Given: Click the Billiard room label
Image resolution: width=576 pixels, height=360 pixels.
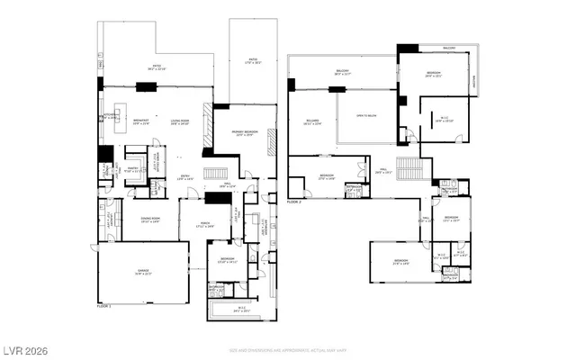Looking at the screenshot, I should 313,123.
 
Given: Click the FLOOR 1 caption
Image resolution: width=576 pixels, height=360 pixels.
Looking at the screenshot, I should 105,307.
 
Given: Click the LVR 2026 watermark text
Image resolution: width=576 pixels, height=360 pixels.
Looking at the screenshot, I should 24,348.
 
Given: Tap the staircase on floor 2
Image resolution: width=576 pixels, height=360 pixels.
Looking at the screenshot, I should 410,168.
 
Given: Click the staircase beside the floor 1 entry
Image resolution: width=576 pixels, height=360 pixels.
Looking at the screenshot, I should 214,174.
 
